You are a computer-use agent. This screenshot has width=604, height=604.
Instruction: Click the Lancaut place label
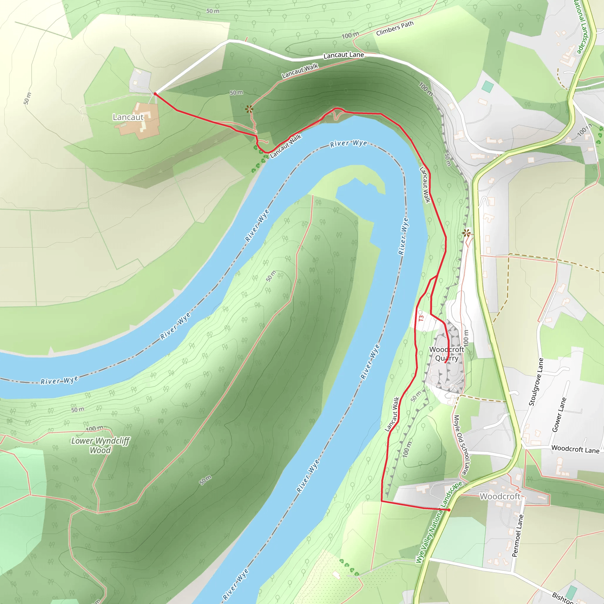tap(128, 117)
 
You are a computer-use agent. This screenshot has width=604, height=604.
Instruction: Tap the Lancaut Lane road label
tap(344, 55)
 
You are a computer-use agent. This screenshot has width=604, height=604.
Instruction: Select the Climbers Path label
tap(395, 28)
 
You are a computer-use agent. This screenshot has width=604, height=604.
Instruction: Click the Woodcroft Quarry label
tap(447, 354)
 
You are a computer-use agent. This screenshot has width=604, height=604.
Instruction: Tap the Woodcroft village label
tap(500, 496)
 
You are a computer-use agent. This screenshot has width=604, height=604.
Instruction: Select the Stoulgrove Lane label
tap(536, 382)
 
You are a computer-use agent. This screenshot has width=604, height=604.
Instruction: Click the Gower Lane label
tap(559, 415)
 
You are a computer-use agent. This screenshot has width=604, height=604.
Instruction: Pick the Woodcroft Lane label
tap(575, 449)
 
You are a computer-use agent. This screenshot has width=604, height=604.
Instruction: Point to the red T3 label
tap(421, 318)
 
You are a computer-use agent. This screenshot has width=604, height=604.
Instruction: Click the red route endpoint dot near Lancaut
tap(155, 94)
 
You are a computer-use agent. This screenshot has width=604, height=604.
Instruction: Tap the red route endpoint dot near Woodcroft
tap(449, 510)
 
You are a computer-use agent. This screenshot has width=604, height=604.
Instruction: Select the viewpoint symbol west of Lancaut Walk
tap(249, 109)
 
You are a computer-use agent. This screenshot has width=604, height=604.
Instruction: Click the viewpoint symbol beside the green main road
tap(467, 233)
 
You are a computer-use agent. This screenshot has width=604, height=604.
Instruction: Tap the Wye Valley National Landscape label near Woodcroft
tap(439, 522)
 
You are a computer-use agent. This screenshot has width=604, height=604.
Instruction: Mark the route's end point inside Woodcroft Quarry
tap(445, 363)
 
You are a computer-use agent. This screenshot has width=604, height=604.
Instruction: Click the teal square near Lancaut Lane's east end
tap(488, 87)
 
